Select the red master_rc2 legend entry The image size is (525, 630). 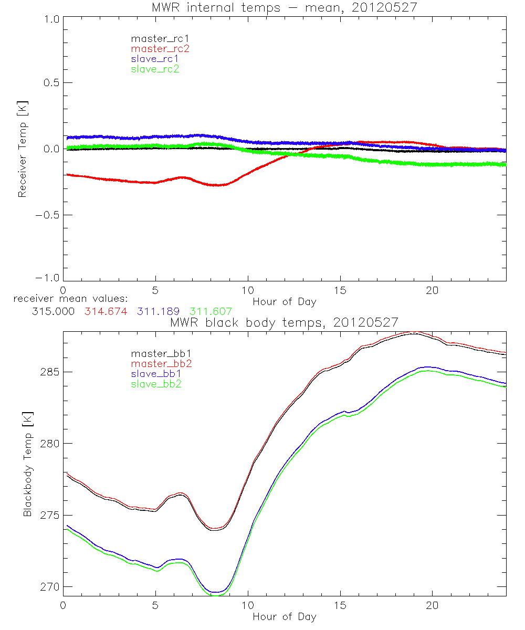tap(160, 49)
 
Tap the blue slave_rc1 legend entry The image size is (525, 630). tap(155, 59)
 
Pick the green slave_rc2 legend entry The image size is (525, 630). tap(155, 69)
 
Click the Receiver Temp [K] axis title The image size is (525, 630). tap(23, 149)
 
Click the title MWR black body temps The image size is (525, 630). tap(284, 322)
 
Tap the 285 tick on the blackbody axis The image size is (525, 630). tap(49, 372)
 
